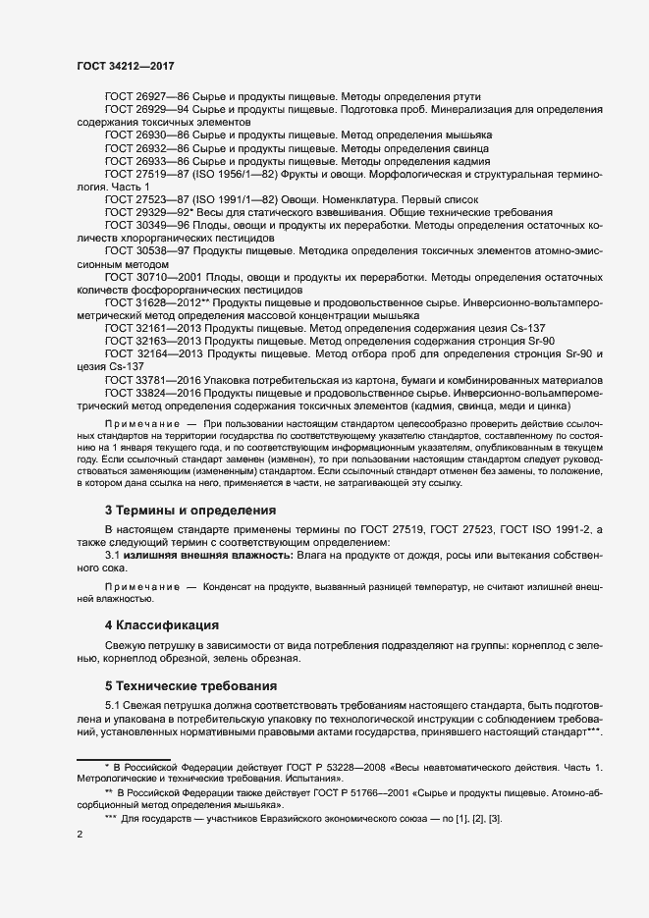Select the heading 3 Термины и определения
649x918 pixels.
pyautogui.click(x=190, y=510)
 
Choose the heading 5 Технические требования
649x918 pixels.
pyautogui.click(x=190, y=684)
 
